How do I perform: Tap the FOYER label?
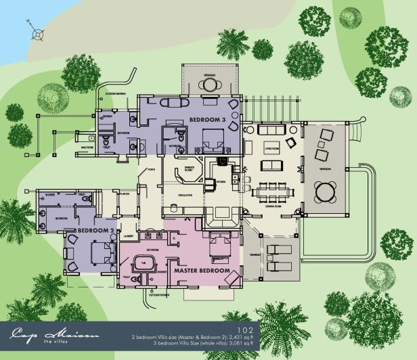click(x=151, y=169)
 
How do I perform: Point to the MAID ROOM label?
click(x=87, y=146)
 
